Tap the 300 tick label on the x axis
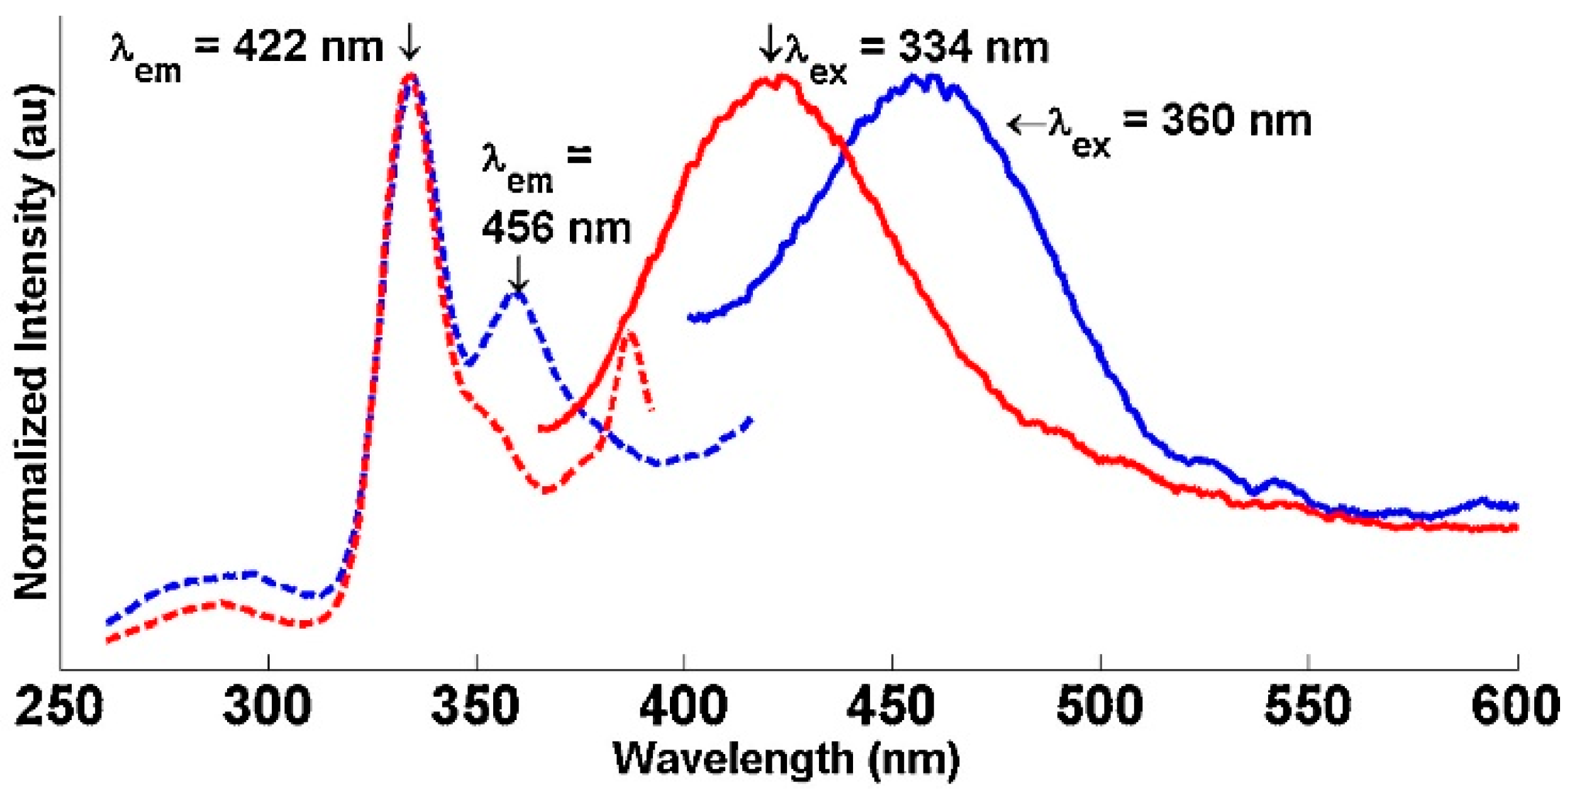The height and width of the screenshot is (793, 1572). coord(267,706)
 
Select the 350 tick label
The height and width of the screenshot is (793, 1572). coord(476,706)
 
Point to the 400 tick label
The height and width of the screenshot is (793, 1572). coord(684,706)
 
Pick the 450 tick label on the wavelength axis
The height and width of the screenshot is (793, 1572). coord(891,706)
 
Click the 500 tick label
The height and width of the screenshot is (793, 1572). coord(1100,706)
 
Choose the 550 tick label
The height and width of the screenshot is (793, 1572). coord(1308,706)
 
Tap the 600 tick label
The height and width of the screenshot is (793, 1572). coord(1515,706)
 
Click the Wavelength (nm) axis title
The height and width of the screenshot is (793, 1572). coord(786,760)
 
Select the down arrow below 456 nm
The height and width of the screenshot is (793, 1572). coord(518,274)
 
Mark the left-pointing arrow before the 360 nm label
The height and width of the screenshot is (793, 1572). coord(1025,124)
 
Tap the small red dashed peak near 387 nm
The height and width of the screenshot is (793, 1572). coord(630,333)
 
